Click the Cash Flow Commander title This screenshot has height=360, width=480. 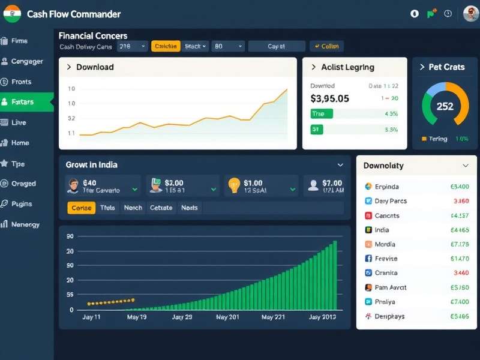pyautogui.click(x=74, y=14)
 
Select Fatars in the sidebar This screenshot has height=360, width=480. pyautogui.click(x=23, y=102)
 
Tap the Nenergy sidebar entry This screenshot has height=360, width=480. pyautogui.click(x=25, y=224)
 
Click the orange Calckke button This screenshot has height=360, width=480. pyautogui.click(x=166, y=46)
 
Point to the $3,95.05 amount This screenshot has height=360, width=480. pyautogui.click(x=329, y=98)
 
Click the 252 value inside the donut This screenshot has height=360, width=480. pyautogui.click(x=445, y=106)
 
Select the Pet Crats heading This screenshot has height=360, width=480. pyautogui.click(x=446, y=67)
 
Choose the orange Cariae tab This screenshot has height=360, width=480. pyautogui.click(x=81, y=208)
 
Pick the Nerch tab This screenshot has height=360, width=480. pyautogui.click(x=133, y=208)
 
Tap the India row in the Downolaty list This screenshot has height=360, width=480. pyautogui.click(x=382, y=230)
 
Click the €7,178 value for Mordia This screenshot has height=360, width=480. pyautogui.click(x=459, y=244)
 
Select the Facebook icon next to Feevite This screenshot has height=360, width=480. pyautogui.click(x=368, y=259)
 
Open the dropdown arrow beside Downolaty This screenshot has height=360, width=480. pyautogui.click(x=466, y=166)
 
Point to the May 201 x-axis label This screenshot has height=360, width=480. pyautogui.click(x=227, y=317)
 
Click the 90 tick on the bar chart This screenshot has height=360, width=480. pyautogui.click(x=70, y=236)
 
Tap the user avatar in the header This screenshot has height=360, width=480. pyautogui.click(x=470, y=14)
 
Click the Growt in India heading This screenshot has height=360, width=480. pyautogui.click(x=91, y=164)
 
